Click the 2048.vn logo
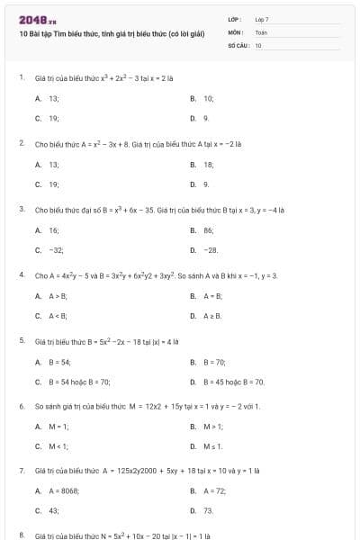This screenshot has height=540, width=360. click(x=38, y=20)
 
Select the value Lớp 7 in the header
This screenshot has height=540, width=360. click(x=262, y=18)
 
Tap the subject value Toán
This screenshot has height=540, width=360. click(x=261, y=31)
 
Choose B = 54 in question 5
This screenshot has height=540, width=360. click(x=59, y=362)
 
